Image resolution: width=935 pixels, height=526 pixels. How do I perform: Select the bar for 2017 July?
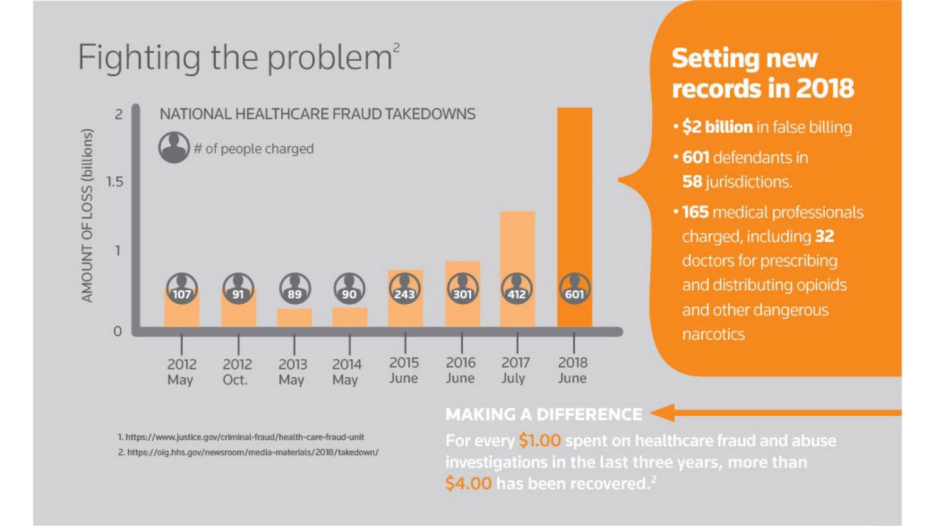(517, 244)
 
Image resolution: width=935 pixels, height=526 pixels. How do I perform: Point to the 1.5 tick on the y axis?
(114, 181)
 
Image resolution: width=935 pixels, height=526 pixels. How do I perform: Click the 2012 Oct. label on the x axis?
(237, 371)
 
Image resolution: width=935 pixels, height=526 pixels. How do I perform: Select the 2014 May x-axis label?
(346, 371)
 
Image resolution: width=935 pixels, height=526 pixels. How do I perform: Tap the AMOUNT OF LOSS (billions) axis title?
(88, 216)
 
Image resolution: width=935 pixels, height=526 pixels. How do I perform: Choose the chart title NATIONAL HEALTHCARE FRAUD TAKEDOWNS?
(317, 114)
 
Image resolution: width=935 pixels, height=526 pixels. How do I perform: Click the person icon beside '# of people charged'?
(174, 147)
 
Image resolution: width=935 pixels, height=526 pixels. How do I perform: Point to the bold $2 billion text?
(717, 127)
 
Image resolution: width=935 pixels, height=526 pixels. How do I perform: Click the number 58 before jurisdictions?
(692, 181)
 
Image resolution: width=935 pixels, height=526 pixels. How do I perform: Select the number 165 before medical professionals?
(695, 212)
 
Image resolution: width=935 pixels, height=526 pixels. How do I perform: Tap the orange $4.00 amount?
(468, 483)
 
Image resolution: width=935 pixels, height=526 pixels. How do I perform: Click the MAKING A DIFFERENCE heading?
(544, 414)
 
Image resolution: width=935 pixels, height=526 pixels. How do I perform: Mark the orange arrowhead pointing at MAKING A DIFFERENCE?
(662, 413)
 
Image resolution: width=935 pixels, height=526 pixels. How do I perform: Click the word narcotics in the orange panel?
(713, 334)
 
